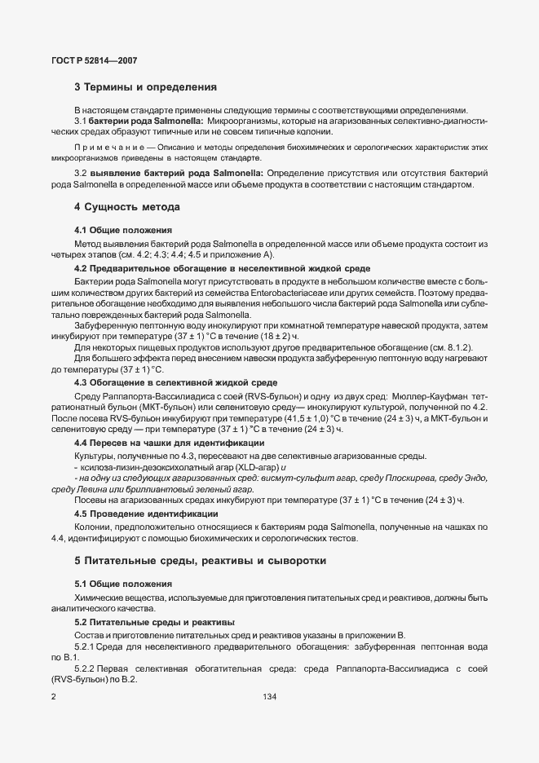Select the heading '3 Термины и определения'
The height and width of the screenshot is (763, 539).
pos(145,87)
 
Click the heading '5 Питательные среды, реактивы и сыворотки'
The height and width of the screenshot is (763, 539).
pos(200,561)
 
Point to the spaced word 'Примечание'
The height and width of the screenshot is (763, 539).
pos(107,146)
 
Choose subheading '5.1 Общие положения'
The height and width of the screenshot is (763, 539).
pos(122,584)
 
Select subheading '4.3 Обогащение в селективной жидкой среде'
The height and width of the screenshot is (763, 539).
pos(175,359)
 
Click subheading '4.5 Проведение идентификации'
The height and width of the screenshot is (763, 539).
pos(146,514)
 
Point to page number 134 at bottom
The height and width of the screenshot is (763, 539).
pos(269,698)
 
